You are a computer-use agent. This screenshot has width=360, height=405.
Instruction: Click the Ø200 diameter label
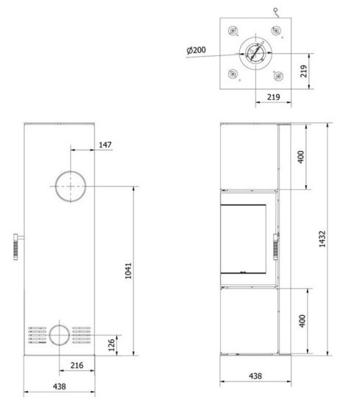(197, 50)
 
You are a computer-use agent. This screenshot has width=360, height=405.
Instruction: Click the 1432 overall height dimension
(322, 239)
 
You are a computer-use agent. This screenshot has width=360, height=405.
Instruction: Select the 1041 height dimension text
(128, 271)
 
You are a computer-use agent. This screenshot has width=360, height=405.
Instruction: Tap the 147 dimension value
(105, 144)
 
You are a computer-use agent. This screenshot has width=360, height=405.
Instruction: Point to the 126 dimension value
(112, 345)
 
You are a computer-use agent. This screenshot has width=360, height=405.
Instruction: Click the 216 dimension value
(77, 365)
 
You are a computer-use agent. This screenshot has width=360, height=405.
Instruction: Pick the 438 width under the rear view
(60, 387)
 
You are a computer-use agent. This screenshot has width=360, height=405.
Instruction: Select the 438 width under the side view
(255, 376)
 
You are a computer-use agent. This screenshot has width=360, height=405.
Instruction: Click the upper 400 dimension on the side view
(301, 157)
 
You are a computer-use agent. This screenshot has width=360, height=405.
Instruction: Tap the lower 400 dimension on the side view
(303, 321)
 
